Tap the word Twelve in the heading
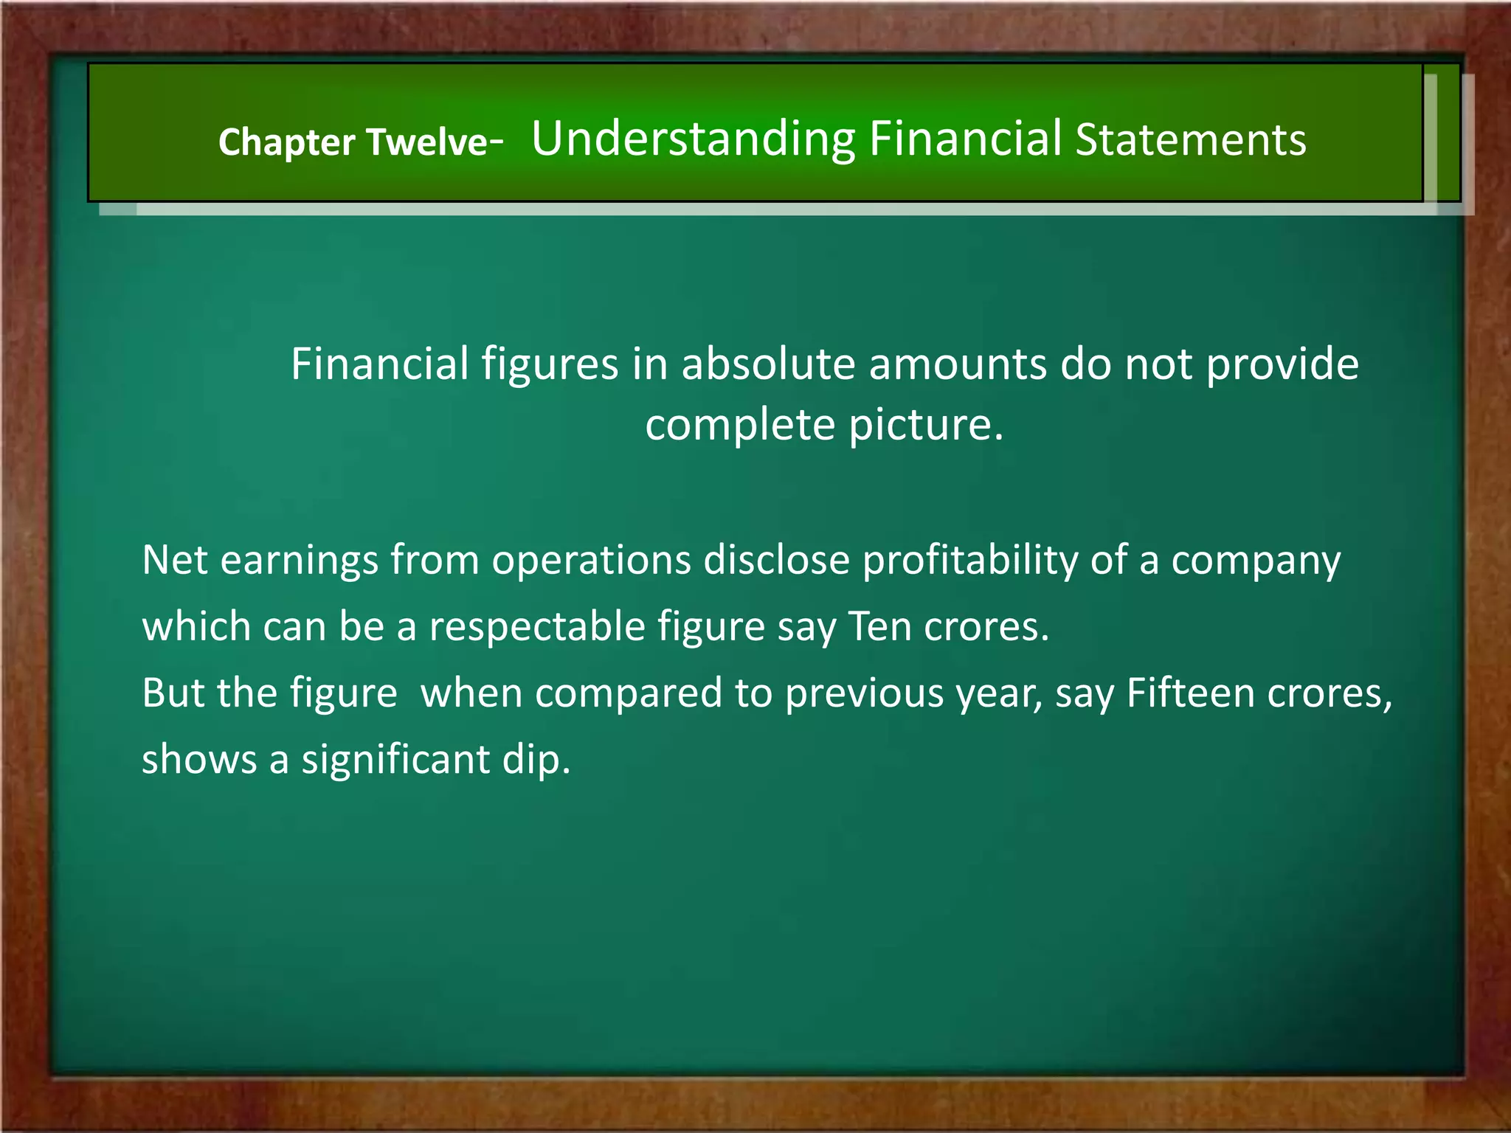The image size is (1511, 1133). [426, 142]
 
